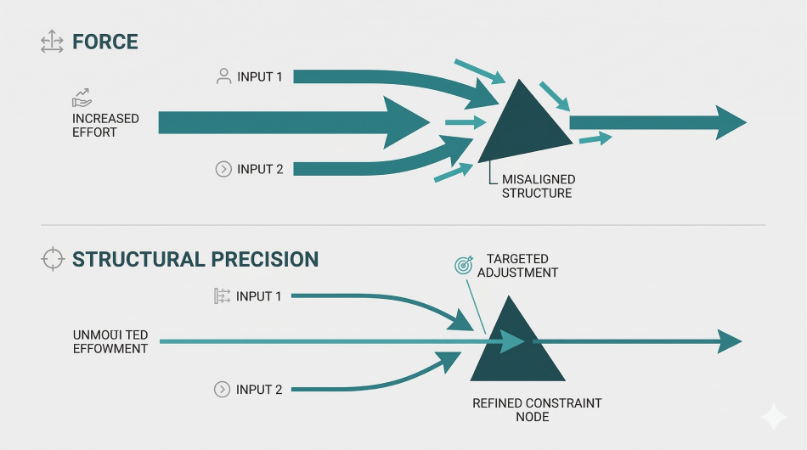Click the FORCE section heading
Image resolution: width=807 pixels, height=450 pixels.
105,42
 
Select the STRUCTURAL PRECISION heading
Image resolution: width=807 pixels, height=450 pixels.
195,259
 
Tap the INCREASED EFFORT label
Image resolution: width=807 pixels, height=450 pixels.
105,126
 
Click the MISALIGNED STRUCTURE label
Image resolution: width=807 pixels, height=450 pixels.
538,186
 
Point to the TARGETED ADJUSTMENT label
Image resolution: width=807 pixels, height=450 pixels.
517,266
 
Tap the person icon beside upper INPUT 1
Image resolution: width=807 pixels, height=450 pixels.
223,76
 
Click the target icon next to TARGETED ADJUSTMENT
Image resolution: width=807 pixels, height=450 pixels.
463,266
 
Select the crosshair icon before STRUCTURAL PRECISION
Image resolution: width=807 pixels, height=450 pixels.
53,259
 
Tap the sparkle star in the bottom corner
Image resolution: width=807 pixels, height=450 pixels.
774,417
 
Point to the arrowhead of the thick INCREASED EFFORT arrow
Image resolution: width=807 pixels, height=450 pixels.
407,123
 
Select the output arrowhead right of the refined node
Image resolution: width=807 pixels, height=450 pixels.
729,342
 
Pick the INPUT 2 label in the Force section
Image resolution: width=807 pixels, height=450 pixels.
260,169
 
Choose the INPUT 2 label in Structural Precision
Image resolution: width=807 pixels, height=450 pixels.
259,390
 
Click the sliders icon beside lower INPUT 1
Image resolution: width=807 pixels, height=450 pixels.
223,296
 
